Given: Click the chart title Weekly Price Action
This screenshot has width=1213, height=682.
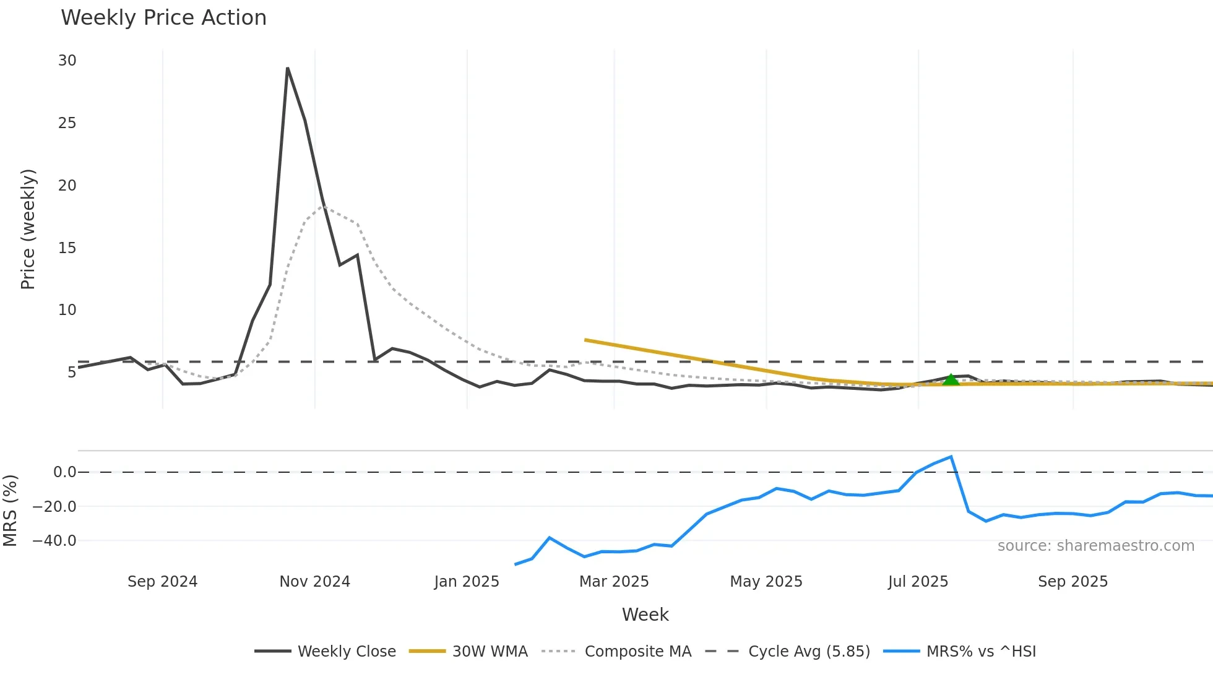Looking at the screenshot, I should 163,17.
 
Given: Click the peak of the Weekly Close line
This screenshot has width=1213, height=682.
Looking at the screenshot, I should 288,68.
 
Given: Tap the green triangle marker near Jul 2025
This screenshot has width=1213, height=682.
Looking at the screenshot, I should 951,380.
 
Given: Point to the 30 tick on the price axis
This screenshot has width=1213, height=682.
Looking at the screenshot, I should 67,61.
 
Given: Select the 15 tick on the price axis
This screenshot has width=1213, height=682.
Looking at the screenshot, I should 67,248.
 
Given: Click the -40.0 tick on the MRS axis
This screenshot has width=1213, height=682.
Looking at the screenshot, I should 54,540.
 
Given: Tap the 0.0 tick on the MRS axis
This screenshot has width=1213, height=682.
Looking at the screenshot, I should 64,472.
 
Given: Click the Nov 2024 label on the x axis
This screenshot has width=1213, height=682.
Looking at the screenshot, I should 314,581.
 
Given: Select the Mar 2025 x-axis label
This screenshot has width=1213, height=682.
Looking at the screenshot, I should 614,581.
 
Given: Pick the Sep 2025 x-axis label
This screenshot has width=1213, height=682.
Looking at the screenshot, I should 1073,581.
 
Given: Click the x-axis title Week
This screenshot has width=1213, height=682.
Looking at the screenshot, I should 645,615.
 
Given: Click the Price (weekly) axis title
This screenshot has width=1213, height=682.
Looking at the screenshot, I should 28,229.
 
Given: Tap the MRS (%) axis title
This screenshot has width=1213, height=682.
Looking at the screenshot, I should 10,511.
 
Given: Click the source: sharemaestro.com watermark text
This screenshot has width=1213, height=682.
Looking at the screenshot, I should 1095,545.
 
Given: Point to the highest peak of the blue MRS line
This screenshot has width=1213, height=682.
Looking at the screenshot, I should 951,457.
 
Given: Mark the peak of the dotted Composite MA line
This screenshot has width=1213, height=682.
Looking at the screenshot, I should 323,206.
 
